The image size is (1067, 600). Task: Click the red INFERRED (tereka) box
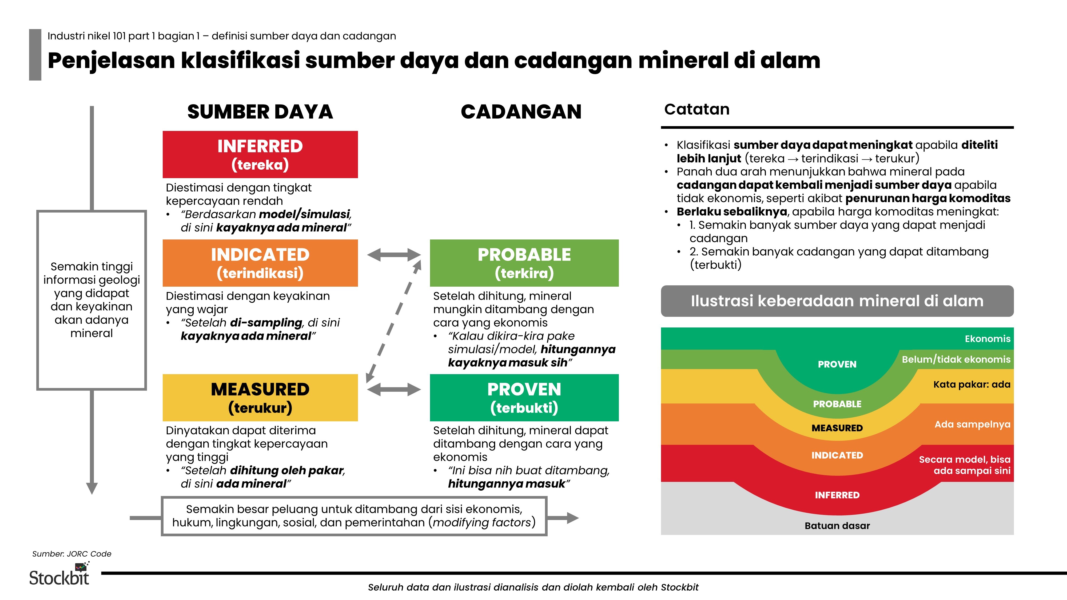[x=260, y=154]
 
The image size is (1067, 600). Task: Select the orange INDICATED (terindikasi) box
[x=260, y=263]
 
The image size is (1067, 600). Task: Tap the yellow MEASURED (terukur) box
[x=260, y=398]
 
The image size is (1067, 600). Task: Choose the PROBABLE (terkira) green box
[x=524, y=263]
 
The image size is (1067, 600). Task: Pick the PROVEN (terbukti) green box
[x=524, y=398]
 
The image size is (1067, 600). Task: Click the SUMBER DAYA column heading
[x=260, y=112]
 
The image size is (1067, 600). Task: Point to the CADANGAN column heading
[x=521, y=112]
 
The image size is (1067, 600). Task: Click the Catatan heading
[x=697, y=109]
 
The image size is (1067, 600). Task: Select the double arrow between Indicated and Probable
[x=394, y=255]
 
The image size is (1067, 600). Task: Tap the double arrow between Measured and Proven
[x=394, y=389]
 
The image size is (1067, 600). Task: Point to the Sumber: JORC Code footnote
[x=72, y=554]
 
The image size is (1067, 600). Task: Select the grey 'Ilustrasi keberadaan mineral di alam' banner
[x=837, y=301]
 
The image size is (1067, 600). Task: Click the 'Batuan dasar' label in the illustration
[x=837, y=525]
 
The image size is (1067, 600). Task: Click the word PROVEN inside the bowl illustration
[x=837, y=364]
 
